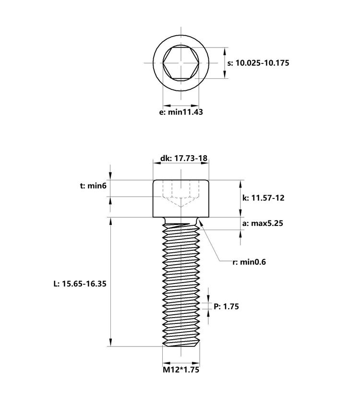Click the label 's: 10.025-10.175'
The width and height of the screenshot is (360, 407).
pyautogui.click(x=258, y=62)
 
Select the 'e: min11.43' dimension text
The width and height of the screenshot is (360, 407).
pyautogui.click(x=181, y=112)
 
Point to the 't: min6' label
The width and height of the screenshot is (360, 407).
pyautogui.click(x=93, y=186)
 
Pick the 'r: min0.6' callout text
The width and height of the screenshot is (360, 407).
pyautogui.click(x=249, y=262)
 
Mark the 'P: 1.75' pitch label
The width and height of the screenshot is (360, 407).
pyautogui.click(x=226, y=306)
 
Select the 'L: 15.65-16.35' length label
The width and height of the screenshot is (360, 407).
pyautogui.click(x=80, y=284)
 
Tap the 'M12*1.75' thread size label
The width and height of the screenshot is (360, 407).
pyautogui.click(x=181, y=370)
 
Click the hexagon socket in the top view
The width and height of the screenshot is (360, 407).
pyautogui.click(x=181, y=63)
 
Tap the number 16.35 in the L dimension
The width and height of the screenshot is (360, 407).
pyautogui.click(x=94, y=284)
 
